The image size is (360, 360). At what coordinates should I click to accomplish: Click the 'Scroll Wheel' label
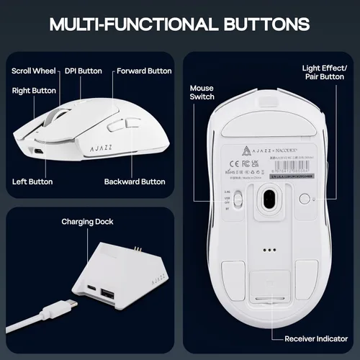pos(33,71)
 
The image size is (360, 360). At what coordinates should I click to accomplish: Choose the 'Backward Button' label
pos(134,181)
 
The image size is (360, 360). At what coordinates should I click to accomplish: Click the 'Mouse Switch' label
pos(201,91)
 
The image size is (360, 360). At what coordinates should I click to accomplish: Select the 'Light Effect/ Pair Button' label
pos(324,72)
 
